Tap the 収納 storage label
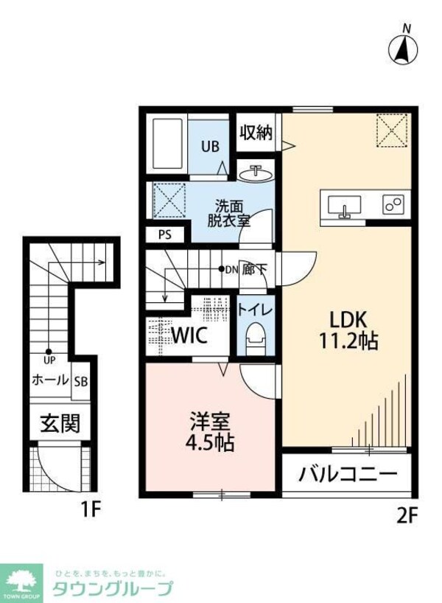pyautogui.click(x=256, y=133)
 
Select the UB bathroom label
pyautogui.click(x=211, y=146)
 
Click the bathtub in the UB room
pyautogui.click(x=167, y=144)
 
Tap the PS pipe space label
pyautogui.click(x=163, y=235)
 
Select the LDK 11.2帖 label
pyautogui.click(x=348, y=331)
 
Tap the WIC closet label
pyautogui.click(x=189, y=336)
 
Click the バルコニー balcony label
pyautogui.click(x=348, y=474)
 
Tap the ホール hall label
pyautogui.click(x=49, y=381)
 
